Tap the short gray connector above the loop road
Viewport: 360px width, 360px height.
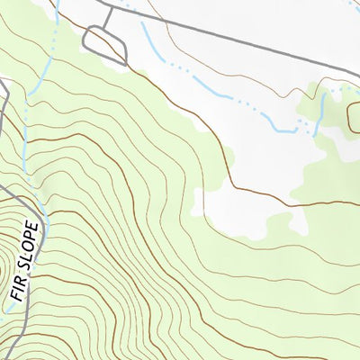(x=108, y=17)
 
